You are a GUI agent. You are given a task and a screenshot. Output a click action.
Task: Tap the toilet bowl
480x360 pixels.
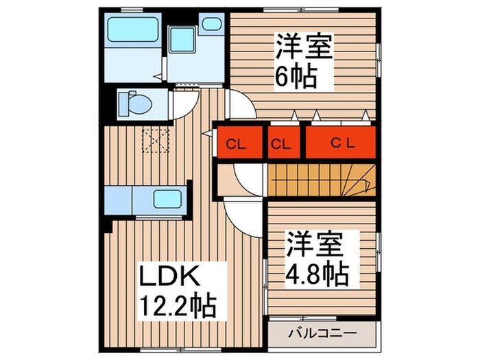coord(134,104)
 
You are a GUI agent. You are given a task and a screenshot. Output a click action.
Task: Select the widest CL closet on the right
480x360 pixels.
coord(341,144)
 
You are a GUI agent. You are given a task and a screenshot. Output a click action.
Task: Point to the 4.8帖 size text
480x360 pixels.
coord(317,274)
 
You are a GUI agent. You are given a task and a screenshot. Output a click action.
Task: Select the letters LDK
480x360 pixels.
coord(169,276)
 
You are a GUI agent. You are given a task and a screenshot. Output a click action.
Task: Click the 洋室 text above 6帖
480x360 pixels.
coord(304,47)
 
